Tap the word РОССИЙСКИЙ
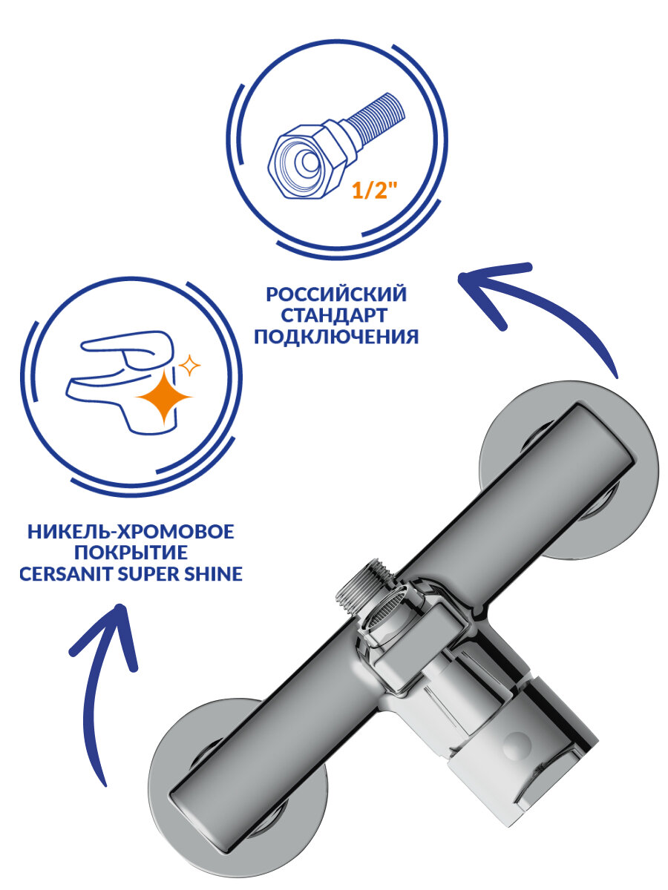pyautogui.click(x=336, y=294)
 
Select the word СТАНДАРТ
pyautogui.click(x=336, y=315)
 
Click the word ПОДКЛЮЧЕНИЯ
pyautogui.click(x=336, y=337)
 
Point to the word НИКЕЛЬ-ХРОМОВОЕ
pyautogui.click(x=131, y=532)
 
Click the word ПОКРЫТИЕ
pyautogui.click(x=131, y=553)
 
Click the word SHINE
pyautogui.click(x=216, y=575)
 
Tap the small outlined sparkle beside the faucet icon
pyautogui.click(x=190, y=364)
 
